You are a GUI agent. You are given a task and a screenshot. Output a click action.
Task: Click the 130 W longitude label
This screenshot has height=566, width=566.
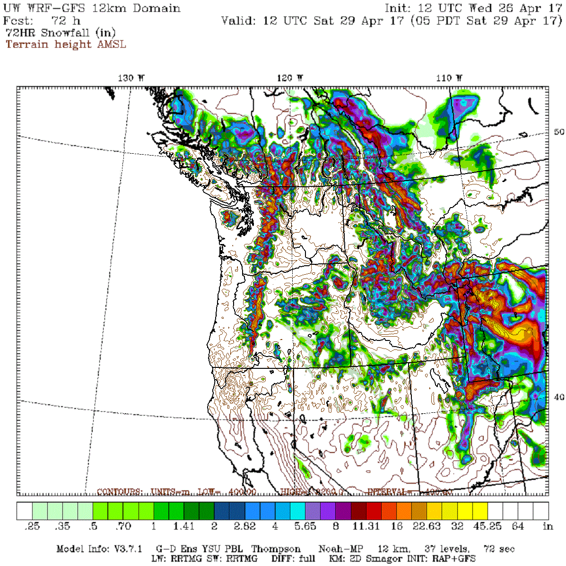tap(131, 78)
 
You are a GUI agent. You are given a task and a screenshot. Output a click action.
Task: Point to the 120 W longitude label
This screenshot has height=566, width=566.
tap(290, 78)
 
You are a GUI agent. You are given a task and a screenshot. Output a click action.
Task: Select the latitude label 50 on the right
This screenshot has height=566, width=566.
tap(558, 132)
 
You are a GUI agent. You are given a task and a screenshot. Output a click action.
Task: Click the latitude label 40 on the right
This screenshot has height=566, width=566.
tap(558, 397)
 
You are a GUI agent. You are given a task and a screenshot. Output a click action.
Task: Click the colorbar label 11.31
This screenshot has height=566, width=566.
tap(366, 526)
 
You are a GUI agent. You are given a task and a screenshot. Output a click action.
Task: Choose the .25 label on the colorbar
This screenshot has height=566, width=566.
tap(32, 526)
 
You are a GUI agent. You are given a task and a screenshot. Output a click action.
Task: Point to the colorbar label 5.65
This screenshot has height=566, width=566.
tap(305, 526)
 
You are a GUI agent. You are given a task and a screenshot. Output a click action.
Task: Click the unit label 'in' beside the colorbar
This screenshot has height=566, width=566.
tap(548, 526)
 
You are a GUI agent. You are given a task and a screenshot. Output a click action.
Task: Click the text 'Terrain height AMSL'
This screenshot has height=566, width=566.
tap(66, 44)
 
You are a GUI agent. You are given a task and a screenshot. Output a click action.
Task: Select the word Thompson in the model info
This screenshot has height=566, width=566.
tap(276, 549)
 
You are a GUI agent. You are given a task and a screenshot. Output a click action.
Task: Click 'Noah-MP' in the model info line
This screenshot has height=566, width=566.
tap(340, 549)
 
